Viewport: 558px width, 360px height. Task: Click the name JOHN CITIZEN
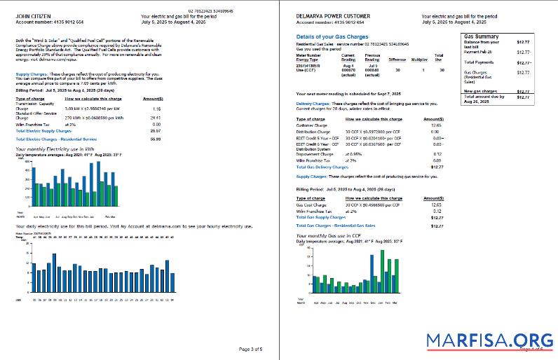(x=34, y=15)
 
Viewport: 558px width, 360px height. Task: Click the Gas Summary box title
(x=482, y=36)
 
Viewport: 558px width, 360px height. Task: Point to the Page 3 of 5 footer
(x=250, y=349)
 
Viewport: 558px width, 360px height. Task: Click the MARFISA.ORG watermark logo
(x=490, y=341)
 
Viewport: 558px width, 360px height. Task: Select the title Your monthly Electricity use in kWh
(x=54, y=150)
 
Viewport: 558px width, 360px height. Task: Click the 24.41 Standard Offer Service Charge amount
(x=156, y=118)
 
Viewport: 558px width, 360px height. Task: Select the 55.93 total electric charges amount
(x=156, y=139)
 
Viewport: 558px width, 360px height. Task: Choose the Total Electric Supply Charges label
(x=43, y=131)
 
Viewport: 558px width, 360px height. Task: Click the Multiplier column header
(x=419, y=60)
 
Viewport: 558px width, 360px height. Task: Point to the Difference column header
(x=397, y=60)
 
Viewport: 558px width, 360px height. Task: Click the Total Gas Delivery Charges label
(x=322, y=167)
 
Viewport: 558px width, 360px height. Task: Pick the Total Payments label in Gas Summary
(x=480, y=62)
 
